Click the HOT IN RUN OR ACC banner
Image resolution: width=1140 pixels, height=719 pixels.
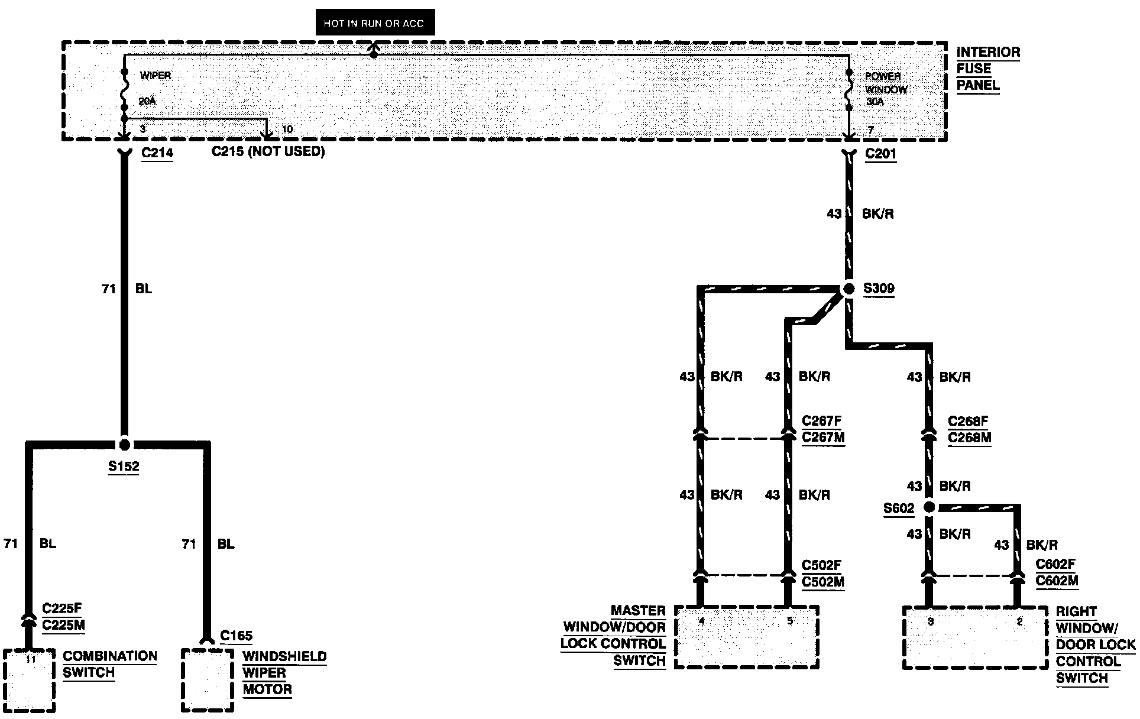pyautogui.click(x=375, y=23)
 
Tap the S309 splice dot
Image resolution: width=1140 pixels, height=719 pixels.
pyautogui.click(x=848, y=289)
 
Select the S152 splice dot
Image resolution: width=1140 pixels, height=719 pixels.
pyautogui.click(x=124, y=445)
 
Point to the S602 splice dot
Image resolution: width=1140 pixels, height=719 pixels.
pyautogui.click(x=929, y=507)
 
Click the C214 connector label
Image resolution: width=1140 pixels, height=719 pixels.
pyautogui.click(x=157, y=153)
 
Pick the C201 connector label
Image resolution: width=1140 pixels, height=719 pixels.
pyautogui.click(x=880, y=154)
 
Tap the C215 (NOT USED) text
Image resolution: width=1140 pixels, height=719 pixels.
pyautogui.click(x=268, y=151)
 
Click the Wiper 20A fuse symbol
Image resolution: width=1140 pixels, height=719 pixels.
pyautogui.click(x=124, y=90)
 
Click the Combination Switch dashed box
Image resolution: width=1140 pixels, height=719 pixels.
pyautogui.click(x=30, y=680)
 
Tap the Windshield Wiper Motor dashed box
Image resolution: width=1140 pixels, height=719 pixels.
pyautogui.click(x=207, y=680)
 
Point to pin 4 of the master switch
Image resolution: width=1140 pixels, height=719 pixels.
pyautogui.click(x=701, y=621)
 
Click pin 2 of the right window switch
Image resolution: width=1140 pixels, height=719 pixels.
pyautogui.click(x=1019, y=621)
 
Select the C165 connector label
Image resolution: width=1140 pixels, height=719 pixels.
pyautogui.click(x=236, y=636)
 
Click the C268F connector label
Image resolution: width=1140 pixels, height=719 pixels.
pyautogui.click(x=969, y=421)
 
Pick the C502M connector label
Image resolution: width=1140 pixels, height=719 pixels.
pyautogui.click(x=822, y=582)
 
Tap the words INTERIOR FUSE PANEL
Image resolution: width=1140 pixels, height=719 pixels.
pyautogui.click(x=987, y=69)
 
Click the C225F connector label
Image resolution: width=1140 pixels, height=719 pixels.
pyautogui.click(x=62, y=608)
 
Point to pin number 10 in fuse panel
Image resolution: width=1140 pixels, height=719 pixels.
pyautogui.click(x=287, y=129)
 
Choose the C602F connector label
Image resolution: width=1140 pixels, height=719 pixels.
pyautogui.click(x=1055, y=564)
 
